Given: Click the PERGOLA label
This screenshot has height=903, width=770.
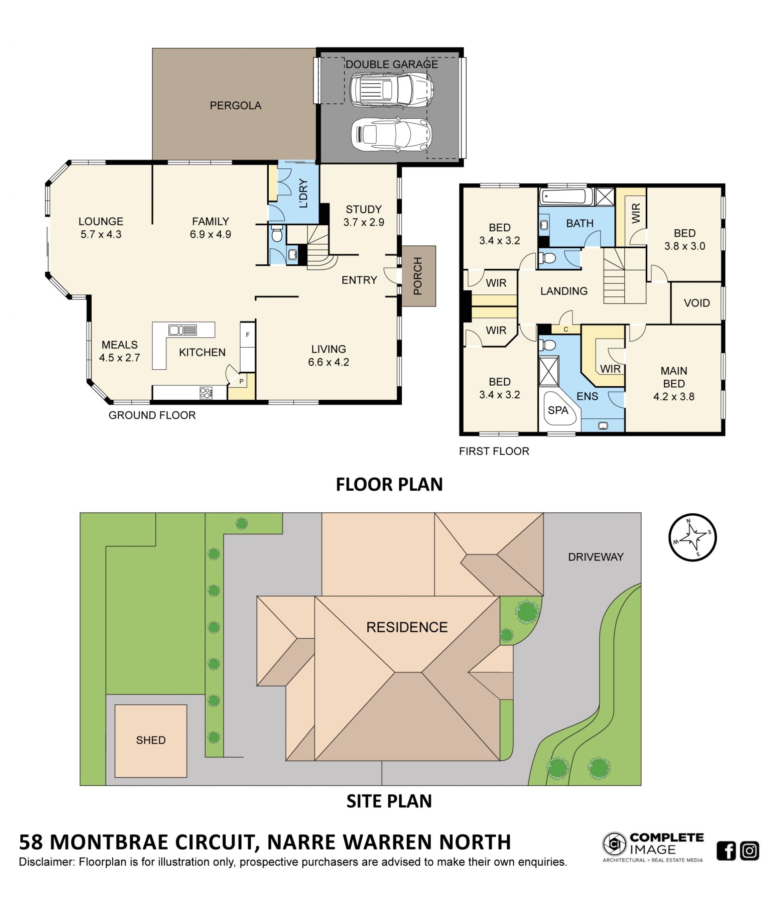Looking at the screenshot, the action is [235, 105].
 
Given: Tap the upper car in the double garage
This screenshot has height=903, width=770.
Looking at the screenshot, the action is [391, 89].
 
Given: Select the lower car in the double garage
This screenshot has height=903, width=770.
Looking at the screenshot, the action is [391, 135].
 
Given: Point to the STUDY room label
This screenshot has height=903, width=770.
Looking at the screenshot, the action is [363, 209].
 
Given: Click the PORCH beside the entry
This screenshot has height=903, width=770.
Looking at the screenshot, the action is [418, 276].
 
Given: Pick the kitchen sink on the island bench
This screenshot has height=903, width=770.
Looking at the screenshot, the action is [182, 330].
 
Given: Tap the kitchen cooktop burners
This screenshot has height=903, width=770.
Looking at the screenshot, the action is [206, 393].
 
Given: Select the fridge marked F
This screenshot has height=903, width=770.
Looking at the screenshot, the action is [247, 335].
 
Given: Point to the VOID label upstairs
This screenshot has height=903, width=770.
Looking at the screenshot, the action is [697, 303].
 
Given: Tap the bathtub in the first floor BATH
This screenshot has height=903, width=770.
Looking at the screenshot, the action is [566, 197].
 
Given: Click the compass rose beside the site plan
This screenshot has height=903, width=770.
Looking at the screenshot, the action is [693, 537].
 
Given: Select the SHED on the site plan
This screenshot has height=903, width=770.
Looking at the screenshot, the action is [151, 741].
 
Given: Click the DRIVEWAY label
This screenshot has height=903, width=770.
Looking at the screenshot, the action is [596, 557].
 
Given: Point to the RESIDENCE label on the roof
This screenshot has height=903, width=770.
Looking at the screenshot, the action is [407, 627].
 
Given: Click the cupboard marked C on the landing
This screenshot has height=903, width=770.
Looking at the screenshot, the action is [565, 330].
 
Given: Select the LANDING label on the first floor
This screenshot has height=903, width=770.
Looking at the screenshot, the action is [564, 291].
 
